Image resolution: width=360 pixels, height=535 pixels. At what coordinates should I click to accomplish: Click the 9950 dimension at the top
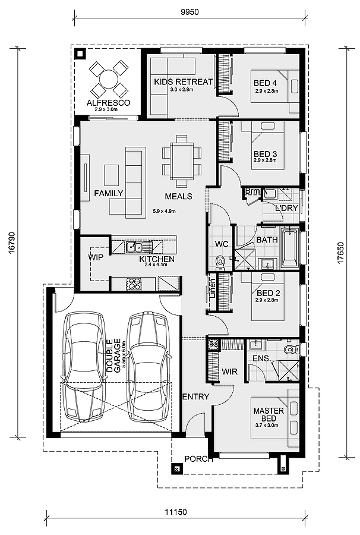click(x=190, y=12)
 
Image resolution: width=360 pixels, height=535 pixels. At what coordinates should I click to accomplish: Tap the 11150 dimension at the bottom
click(x=176, y=512)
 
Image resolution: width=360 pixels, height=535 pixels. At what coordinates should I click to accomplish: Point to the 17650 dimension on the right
click(x=341, y=252)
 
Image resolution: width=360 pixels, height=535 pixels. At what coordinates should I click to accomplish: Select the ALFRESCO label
click(x=108, y=103)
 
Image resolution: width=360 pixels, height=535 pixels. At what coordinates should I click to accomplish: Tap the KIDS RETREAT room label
click(x=184, y=82)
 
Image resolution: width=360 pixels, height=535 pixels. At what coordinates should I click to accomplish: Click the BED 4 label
click(x=265, y=83)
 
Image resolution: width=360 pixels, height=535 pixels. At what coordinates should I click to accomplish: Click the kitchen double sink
click(x=135, y=247)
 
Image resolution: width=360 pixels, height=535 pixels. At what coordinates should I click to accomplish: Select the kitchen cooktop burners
click(x=134, y=284)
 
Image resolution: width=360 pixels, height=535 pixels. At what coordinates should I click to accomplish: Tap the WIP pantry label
click(x=96, y=257)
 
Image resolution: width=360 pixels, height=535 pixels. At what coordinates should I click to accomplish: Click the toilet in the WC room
click(x=220, y=263)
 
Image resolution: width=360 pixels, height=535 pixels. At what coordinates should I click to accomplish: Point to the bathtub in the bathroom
click(x=290, y=248)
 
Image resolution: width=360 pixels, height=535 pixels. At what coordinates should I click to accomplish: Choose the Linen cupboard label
click(x=212, y=289)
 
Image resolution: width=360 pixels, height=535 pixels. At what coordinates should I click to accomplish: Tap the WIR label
click(x=229, y=372)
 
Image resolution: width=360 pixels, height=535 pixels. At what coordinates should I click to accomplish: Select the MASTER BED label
click(x=269, y=414)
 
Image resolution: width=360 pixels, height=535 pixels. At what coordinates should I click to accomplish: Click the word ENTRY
click(x=196, y=396)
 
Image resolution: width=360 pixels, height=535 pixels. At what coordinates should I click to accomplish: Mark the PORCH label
click(x=198, y=459)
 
